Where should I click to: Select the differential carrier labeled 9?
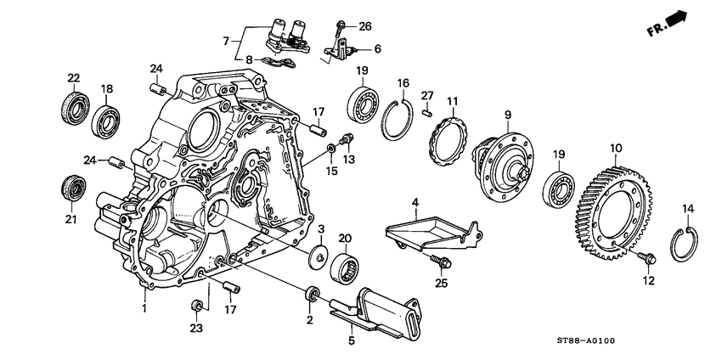pos(505,159)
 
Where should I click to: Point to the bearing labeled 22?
pos(73,109)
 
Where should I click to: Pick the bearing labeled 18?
pos(108,121)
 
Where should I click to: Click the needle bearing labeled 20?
pos(346,265)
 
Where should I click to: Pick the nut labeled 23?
pos(195,306)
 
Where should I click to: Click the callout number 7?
pos(226,40)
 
